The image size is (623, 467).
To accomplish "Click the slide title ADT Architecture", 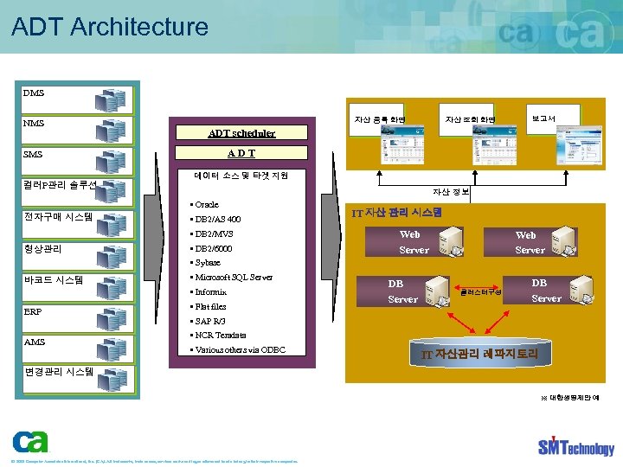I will (x=110, y=26).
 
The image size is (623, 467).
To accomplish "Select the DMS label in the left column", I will (x=35, y=93).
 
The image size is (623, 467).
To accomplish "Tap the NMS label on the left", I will (x=35, y=124).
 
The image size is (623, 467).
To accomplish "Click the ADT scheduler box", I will (x=241, y=133).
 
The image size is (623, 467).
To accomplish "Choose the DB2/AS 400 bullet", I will (x=217, y=220).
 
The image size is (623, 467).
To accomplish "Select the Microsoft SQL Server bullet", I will (x=233, y=278).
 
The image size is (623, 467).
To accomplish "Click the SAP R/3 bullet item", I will (x=209, y=321).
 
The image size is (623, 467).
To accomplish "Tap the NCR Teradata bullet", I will (x=220, y=336).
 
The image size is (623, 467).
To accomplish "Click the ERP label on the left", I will (x=34, y=311).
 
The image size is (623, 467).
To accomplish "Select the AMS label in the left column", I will (x=35, y=342).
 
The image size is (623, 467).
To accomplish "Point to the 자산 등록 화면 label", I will (x=380, y=119).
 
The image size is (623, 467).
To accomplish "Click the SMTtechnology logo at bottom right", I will (x=575, y=445).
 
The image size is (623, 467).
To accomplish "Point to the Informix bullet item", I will (x=210, y=292).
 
